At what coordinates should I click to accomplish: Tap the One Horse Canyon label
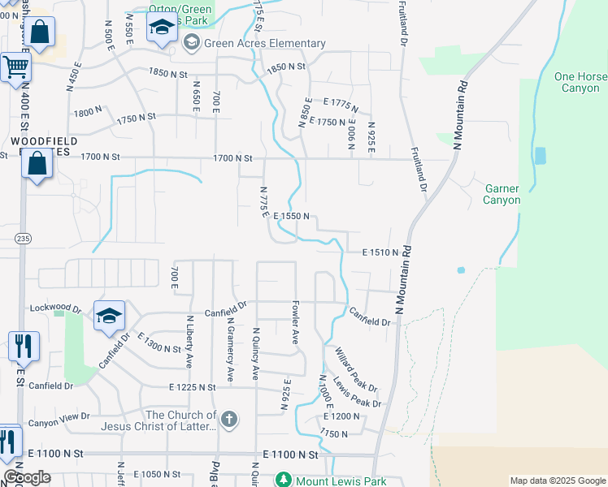[x=576, y=82]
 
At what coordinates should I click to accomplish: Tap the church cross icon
[x=230, y=420]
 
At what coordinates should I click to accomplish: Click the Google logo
[x=28, y=477]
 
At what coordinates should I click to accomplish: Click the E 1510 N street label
[x=380, y=252]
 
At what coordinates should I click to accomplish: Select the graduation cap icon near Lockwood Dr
[x=110, y=317]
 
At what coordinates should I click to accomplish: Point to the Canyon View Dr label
[x=59, y=423]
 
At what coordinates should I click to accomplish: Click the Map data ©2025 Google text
[x=557, y=481]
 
